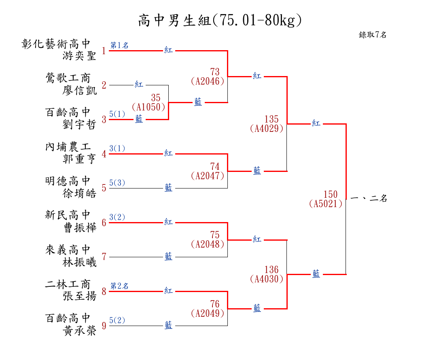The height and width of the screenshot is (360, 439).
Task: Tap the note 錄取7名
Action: [373, 35]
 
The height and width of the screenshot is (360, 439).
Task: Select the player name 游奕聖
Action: [79, 55]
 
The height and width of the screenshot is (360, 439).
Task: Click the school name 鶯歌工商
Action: [68, 78]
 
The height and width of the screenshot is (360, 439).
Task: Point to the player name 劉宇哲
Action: [79, 124]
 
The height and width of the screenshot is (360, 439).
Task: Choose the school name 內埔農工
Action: [68, 147]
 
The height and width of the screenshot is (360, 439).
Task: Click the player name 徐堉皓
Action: [79, 193]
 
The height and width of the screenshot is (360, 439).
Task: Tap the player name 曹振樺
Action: [79, 227]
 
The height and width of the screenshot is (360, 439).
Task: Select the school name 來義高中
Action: [68, 250]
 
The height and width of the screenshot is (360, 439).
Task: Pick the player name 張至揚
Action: [79, 296]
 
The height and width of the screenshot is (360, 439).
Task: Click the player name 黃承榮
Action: [79, 330]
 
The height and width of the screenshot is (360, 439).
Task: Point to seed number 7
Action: [104, 257]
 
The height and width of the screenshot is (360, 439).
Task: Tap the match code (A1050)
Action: [148, 107]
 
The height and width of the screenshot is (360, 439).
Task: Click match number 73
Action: [215, 72]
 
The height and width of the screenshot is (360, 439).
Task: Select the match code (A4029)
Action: [267, 129]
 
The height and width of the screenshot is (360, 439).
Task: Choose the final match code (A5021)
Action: [326, 204]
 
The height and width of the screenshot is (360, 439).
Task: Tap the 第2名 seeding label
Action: [119, 286]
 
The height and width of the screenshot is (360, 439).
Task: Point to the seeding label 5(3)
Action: [117, 183]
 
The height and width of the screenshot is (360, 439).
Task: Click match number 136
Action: [271, 269]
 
